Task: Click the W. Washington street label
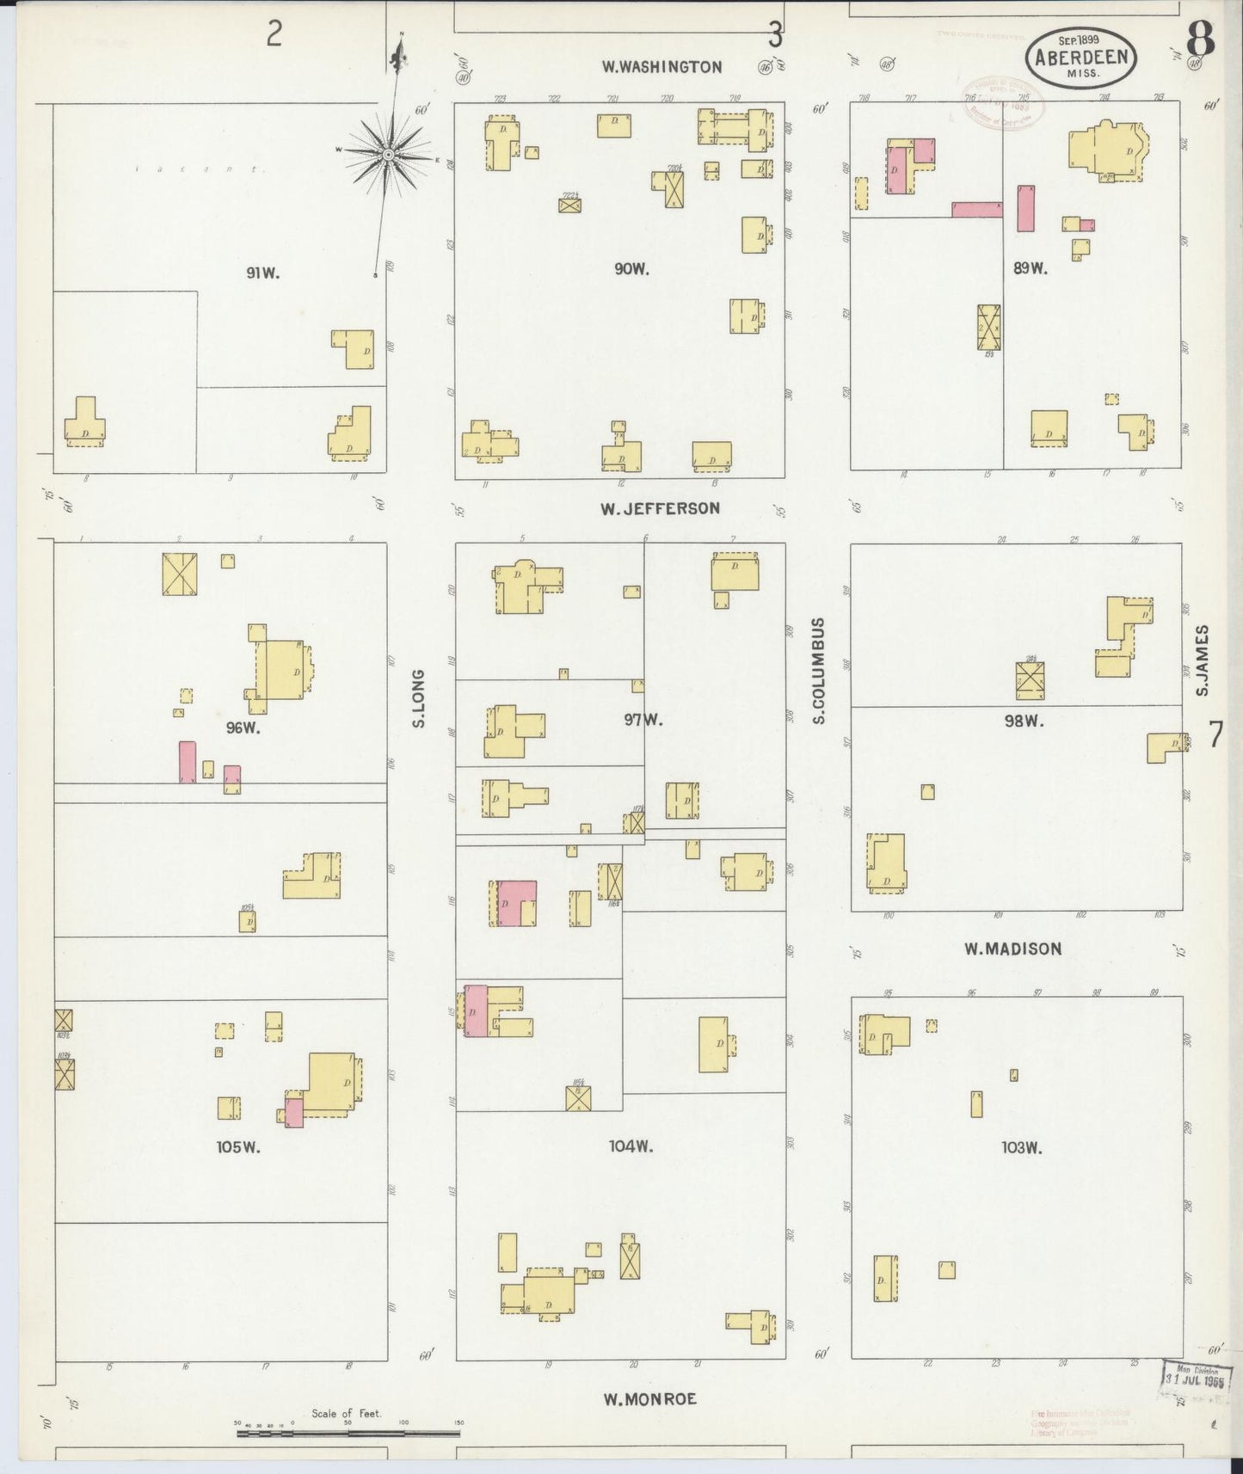[661, 67]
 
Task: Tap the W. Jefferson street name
[660, 508]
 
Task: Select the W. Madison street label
[1012, 949]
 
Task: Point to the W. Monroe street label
[649, 1399]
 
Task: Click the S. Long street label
[420, 697]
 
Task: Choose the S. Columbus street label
[818, 670]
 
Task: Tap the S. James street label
[1202, 660]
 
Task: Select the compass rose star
[388, 153]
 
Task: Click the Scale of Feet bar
[348, 1433]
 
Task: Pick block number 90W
[631, 269]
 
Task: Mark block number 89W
[1030, 268]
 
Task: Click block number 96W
[243, 728]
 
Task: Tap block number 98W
[1024, 721]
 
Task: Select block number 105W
[238, 1146]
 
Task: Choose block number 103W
[1022, 1147]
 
